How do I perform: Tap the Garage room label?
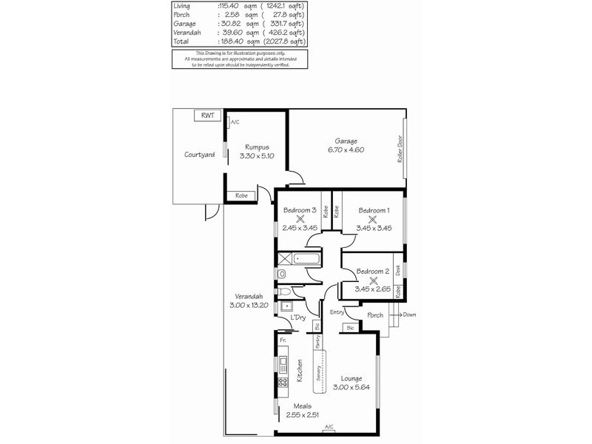[x=346, y=141]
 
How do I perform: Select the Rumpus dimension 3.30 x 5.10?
[x=260, y=155]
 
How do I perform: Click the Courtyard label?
[x=199, y=155]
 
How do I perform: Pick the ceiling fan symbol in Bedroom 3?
[x=300, y=219]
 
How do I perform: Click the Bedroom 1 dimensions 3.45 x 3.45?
[x=374, y=228]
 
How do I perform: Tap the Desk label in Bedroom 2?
[x=397, y=271]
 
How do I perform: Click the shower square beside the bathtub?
[x=284, y=259]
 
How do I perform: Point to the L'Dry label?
[x=299, y=317]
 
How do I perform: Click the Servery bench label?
[x=317, y=374]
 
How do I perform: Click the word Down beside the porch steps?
[x=410, y=314]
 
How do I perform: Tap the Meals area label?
[x=301, y=406]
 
